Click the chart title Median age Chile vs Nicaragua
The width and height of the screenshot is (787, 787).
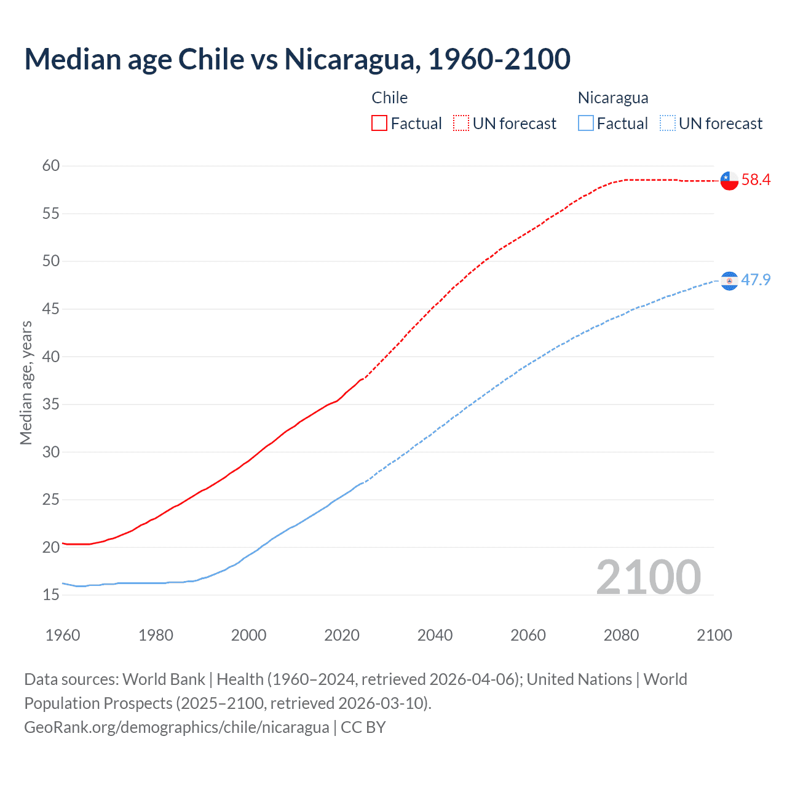297,59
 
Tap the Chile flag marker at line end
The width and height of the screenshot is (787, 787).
729,180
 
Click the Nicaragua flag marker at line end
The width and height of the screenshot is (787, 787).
729,280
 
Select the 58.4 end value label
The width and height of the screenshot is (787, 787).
756,180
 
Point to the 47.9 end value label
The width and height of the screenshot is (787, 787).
756,280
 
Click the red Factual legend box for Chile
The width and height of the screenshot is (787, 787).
379,124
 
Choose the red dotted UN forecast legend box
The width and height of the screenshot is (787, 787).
461,124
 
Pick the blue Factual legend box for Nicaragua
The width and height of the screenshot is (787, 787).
586,124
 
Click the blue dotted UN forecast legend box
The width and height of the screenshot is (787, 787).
667,124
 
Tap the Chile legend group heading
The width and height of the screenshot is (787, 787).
390,98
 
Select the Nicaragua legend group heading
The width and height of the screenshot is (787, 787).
613,98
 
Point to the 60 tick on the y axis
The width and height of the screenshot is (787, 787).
51,165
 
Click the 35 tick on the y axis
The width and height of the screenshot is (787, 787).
51,405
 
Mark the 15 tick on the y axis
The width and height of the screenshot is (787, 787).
51,595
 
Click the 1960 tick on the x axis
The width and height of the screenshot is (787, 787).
63,635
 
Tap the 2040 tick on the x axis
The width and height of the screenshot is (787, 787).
435,635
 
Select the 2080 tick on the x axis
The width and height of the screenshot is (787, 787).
621,635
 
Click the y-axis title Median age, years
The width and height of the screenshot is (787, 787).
26,382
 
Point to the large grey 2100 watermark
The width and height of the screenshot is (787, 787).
649,577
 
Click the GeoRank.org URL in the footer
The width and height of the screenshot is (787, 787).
176,727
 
